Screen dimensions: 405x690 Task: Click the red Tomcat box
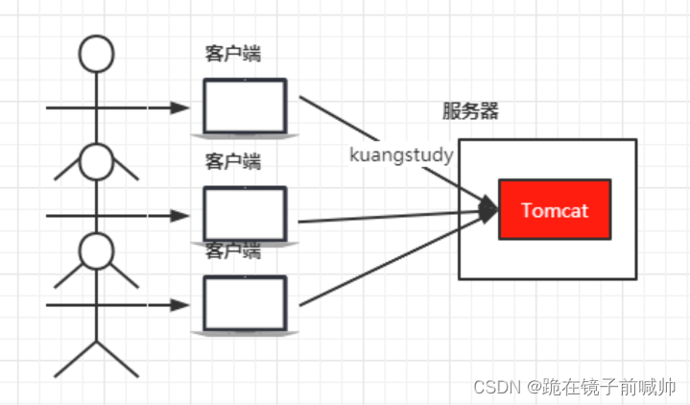(x=555, y=209)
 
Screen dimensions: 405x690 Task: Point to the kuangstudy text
(x=402, y=154)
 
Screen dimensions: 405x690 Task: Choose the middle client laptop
(x=245, y=214)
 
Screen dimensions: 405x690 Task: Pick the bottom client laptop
(x=245, y=304)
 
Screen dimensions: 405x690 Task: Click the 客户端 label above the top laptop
(x=232, y=55)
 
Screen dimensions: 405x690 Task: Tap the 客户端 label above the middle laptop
(x=232, y=162)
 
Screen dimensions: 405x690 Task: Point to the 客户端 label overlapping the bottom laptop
(x=232, y=251)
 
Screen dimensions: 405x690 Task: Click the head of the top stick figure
(x=95, y=55)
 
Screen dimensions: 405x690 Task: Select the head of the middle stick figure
(x=95, y=161)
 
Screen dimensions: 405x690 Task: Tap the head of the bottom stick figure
(x=95, y=250)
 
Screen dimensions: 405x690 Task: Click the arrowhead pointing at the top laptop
(x=179, y=107)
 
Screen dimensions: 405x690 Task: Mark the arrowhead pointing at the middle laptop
(x=179, y=214)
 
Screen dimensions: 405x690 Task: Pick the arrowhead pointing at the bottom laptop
(x=179, y=305)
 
